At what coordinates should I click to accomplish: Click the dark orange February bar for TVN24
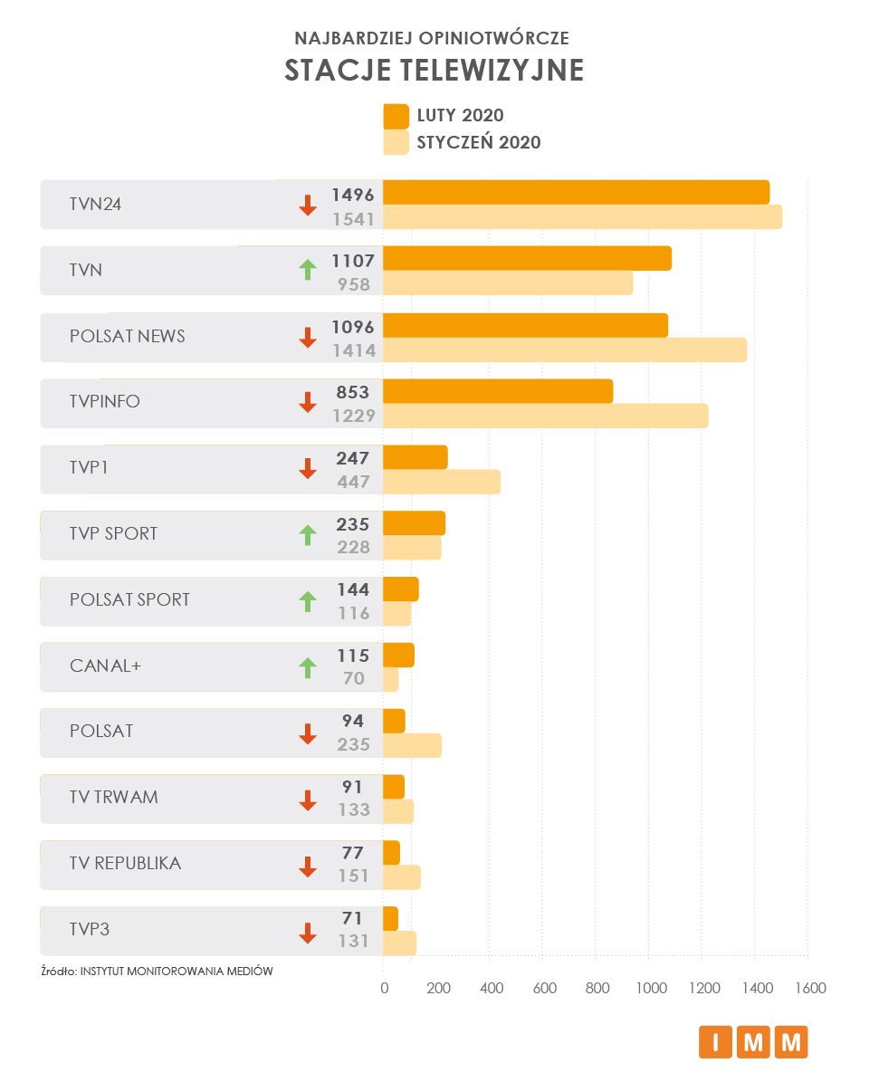click(x=576, y=192)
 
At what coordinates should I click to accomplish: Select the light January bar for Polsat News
click(x=565, y=349)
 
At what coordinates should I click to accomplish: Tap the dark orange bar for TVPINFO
click(x=498, y=391)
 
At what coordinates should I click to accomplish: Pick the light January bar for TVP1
click(x=442, y=482)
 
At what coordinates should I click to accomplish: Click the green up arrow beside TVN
click(x=308, y=269)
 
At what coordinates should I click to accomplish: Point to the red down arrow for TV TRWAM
click(x=308, y=800)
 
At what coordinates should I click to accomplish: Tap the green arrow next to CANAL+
click(x=308, y=667)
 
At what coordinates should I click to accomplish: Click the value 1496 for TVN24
click(x=353, y=194)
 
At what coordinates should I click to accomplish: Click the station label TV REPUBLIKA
click(x=125, y=864)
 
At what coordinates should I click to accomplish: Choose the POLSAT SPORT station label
click(x=129, y=599)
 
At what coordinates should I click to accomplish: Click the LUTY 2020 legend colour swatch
click(x=396, y=116)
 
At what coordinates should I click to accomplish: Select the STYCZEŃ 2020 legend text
click(x=478, y=142)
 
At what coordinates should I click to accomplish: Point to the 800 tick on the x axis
click(x=597, y=988)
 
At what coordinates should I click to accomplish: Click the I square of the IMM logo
click(x=715, y=1042)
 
